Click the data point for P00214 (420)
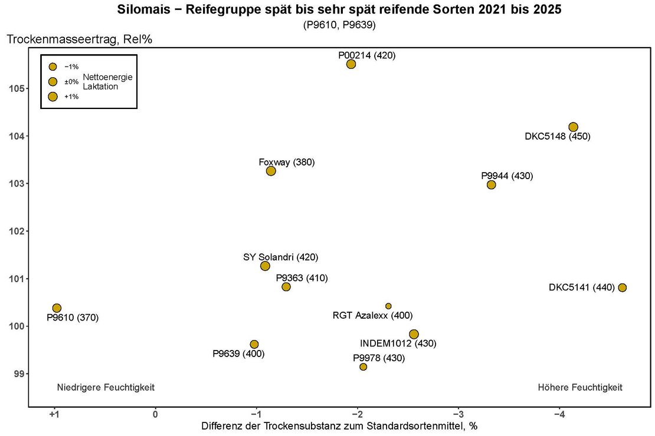[351, 64]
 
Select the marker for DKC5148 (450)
[573, 127]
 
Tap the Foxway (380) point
[271, 171]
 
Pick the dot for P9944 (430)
[492, 185]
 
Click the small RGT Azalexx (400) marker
[388, 306]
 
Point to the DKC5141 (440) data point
[622, 288]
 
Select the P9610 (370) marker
[57, 308]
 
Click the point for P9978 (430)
[363, 366]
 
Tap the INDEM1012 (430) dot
[414, 334]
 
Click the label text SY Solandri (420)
[281, 257]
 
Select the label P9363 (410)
[302, 278]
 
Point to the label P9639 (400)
[238, 354]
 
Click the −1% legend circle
[53, 67]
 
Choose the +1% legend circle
[53, 97]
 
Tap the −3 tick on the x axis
[458, 414]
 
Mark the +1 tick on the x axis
[54, 414]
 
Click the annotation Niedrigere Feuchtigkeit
[106, 388]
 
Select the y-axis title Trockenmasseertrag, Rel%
[80, 39]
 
